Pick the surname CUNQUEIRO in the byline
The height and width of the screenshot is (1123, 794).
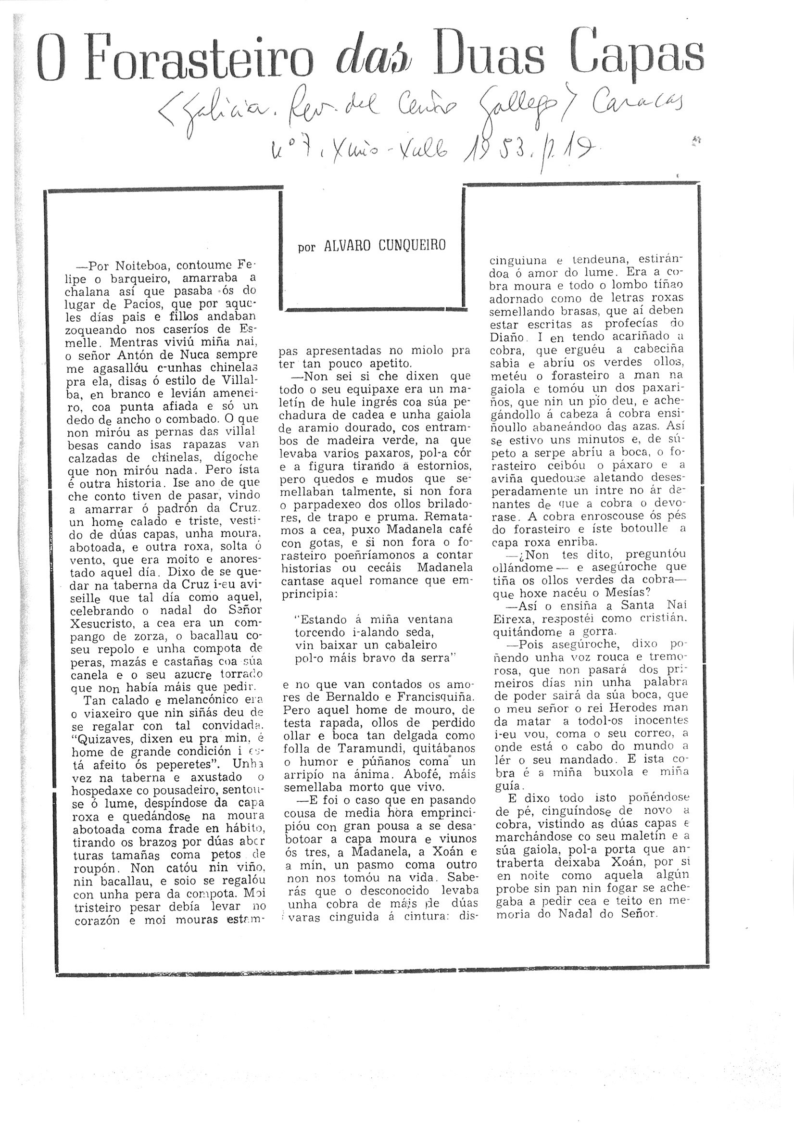click(413, 245)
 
